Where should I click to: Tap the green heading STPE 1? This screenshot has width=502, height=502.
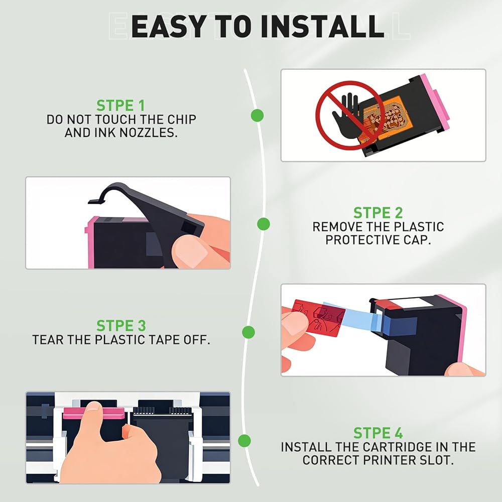tap(120, 105)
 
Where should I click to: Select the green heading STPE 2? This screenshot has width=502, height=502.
tap(378, 213)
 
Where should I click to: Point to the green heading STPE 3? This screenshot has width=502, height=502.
tap(121, 326)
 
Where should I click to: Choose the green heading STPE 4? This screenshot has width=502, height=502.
tap(378, 433)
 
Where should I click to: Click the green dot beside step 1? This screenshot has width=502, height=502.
tap(257, 115)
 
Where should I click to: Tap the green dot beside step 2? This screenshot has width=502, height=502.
tap(264, 224)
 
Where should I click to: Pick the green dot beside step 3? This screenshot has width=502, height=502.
tap(248, 332)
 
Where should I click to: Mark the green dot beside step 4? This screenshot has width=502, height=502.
tap(244, 441)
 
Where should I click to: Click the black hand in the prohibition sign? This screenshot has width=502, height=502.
tap(347, 117)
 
